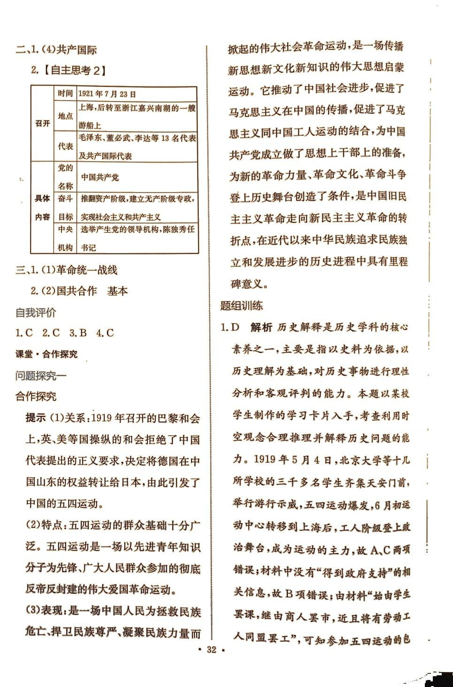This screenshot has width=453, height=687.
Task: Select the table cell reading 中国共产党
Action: pos(100,177)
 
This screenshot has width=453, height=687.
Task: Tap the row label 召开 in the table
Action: pos(42,123)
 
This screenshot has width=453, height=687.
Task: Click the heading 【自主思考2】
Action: pos(74,70)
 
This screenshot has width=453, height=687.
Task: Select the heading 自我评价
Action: pos(36,312)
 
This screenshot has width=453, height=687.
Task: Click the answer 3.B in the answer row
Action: pos(78,333)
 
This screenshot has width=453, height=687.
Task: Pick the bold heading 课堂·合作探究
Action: pos(46,354)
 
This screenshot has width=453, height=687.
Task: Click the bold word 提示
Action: pos(36,418)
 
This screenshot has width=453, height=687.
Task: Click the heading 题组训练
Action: pos(242,306)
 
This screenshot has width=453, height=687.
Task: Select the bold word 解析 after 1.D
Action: pos(261,328)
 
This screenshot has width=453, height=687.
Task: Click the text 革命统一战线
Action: pos(87,270)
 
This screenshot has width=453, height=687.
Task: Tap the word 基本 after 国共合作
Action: pos(117,291)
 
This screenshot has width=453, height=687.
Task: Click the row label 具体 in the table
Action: pos(42,198)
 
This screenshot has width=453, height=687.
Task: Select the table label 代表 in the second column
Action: pos(65,146)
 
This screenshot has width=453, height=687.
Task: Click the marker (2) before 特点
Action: pos(34,525)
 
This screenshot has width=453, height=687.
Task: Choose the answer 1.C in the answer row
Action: pos(24,333)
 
